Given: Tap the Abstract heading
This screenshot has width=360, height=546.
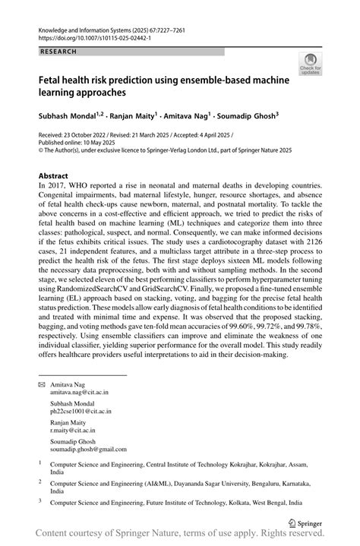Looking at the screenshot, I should (x=57, y=175).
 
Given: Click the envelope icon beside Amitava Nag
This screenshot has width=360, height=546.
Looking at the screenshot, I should (x=43, y=384).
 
